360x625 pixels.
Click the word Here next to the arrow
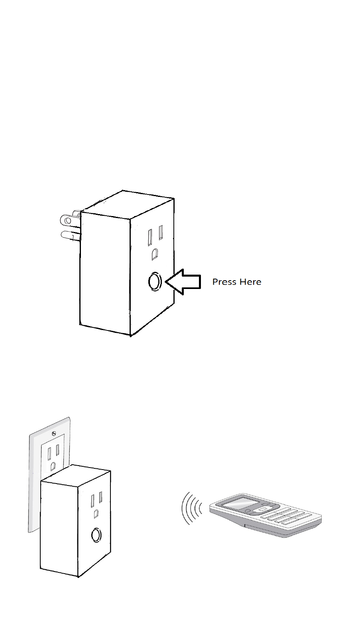(250, 282)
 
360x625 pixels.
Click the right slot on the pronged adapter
(161, 232)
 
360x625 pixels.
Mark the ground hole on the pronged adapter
(154, 254)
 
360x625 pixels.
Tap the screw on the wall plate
(53, 432)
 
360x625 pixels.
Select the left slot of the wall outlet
(49, 454)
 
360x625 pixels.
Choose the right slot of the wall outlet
(58, 450)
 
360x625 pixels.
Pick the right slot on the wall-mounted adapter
(100, 497)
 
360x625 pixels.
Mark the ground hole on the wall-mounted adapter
(96, 514)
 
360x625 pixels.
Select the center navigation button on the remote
(262, 509)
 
